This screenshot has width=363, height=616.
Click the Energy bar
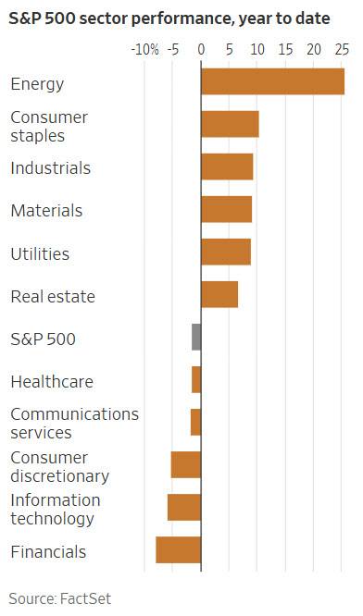click(x=272, y=81)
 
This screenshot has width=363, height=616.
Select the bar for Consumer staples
click(x=230, y=124)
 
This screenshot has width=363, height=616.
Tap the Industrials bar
click(x=227, y=166)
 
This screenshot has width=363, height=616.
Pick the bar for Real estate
click(x=219, y=294)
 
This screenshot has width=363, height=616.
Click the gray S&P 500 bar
click(x=196, y=337)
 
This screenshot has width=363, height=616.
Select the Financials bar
click(x=179, y=549)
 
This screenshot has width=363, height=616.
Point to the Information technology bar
click(x=184, y=507)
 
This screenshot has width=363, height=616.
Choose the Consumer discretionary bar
click(x=186, y=464)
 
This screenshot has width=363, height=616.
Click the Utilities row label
click(x=40, y=253)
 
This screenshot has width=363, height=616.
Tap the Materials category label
click(x=46, y=211)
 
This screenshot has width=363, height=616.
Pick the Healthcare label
click(x=51, y=381)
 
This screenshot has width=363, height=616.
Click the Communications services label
click(x=74, y=423)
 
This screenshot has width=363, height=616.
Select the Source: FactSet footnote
click(x=60, y=598)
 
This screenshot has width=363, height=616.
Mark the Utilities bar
click(x=226, y=252)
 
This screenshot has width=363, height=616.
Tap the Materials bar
click(x=226, y=209)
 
